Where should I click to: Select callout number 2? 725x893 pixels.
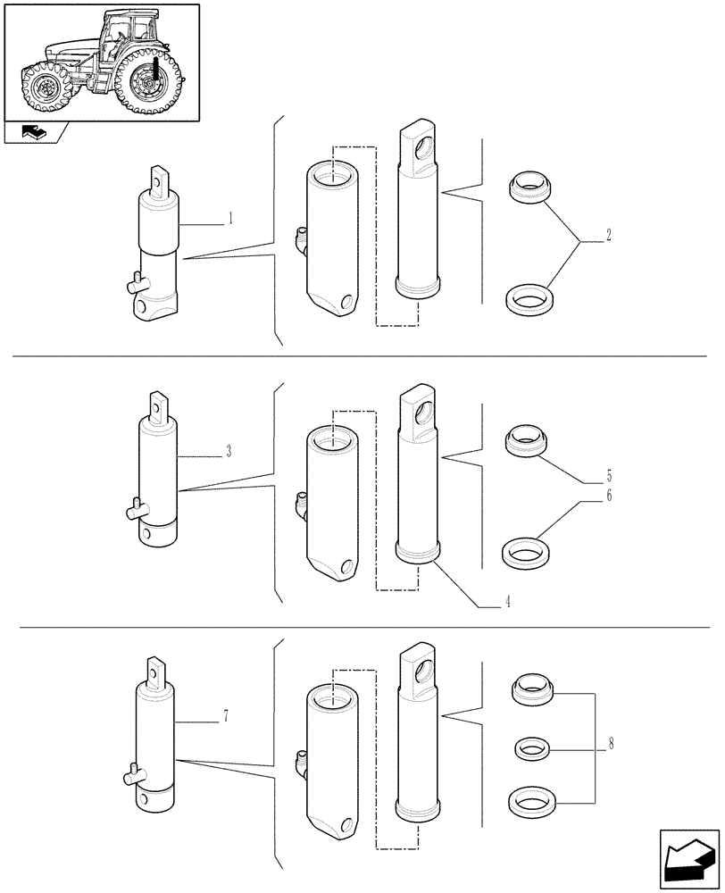coord(608,236)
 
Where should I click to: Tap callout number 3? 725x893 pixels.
coord(229,451)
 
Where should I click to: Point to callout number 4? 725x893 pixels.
coord(507,603)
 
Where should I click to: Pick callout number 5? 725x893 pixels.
coord(608,476)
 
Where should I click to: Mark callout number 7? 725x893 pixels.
coord(226,715)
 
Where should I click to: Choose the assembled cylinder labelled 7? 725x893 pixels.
coord(157,737)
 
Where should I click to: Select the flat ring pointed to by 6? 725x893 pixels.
coord(527,551)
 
